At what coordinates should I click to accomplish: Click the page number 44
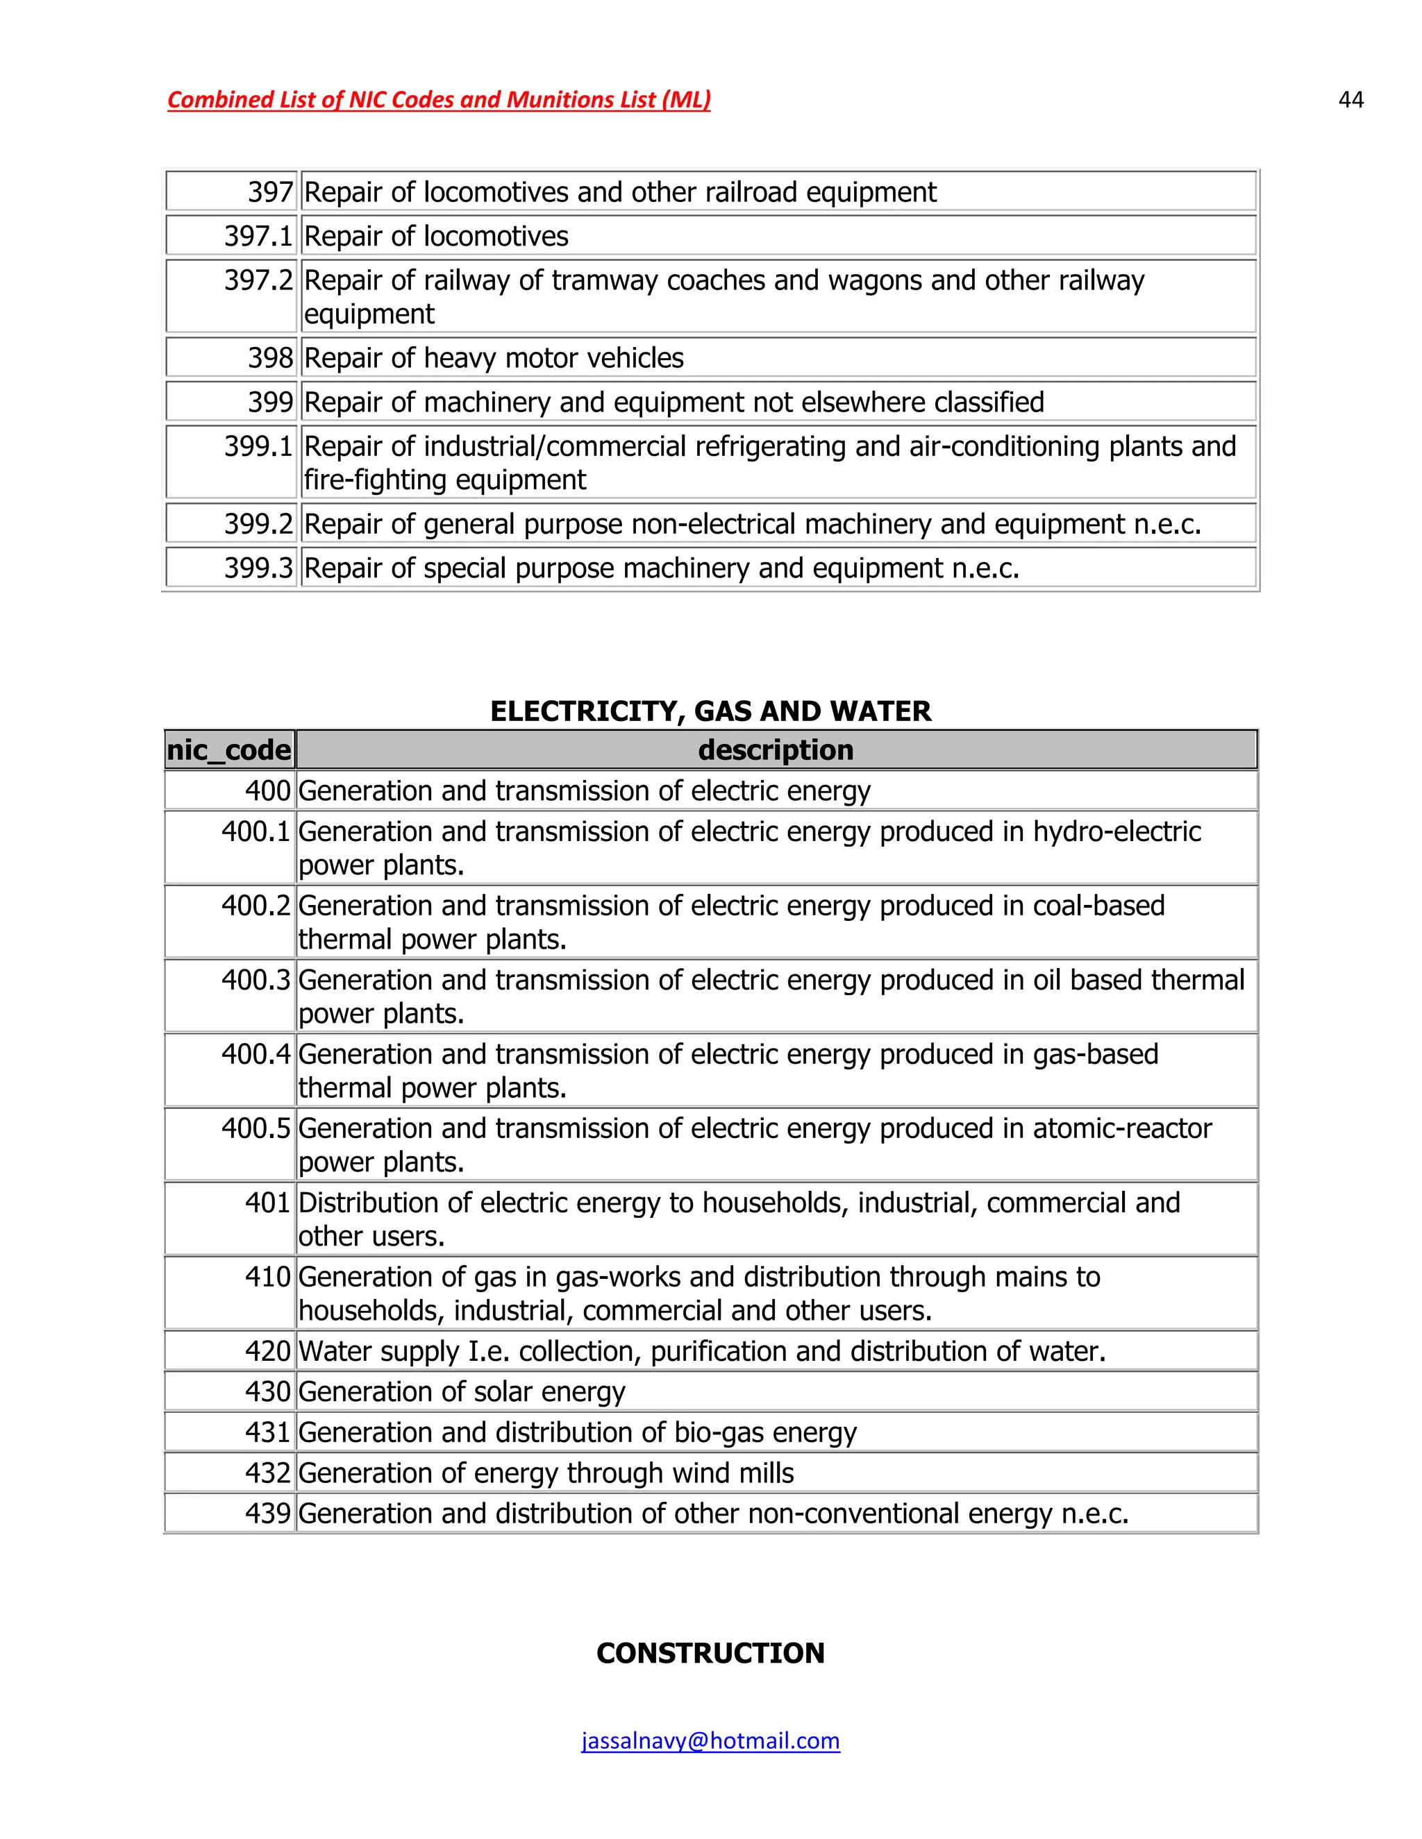(x=1350, y=100)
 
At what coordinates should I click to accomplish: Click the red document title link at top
(x=439, y=100)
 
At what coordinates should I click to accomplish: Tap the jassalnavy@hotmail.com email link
(x=710, y=1740)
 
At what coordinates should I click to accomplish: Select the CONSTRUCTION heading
(x=710, y=1653)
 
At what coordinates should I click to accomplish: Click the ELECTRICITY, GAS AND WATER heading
(x=710, y=711)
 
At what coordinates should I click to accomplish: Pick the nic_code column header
(x=229, y=749)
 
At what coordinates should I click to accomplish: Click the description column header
(x=776, y=749)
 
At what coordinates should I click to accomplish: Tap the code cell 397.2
(x=258, y=280)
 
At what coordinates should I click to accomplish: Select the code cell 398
(x=269, y=358)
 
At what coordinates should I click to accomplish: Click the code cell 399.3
(x=258, y=568)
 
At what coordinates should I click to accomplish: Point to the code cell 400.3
(x=256, y=980)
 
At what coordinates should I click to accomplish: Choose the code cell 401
(x=267, y=1203)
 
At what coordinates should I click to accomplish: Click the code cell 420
(x=267, y=1351)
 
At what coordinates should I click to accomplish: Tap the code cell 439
(x=267, y=1513)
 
